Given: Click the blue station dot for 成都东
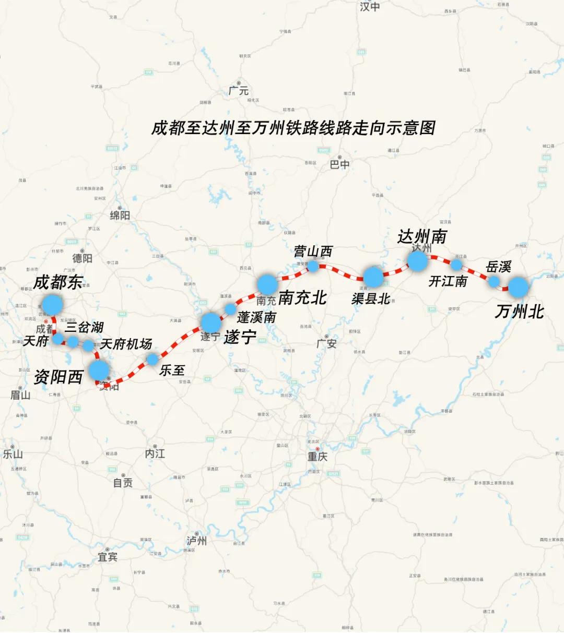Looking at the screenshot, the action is tap(52, 304).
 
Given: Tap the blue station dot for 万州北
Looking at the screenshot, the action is tap(519, 287).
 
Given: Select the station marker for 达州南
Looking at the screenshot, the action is tap(417, 260).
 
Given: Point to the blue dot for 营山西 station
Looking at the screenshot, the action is tap(313, 266).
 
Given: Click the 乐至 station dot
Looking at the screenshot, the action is tap(152, 359).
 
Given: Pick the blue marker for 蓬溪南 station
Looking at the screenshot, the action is tap(230, 309).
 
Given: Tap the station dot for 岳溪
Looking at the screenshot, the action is tap(494, 281).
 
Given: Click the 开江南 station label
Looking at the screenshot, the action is tap(448, 281).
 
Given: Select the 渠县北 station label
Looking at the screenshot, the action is tap(371, 298).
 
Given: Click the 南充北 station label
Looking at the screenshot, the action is tap(302, 298).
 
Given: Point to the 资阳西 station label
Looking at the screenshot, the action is tap(58, 377).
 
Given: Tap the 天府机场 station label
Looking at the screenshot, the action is tap(126, 344).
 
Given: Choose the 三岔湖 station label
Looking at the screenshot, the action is tap(84, 327).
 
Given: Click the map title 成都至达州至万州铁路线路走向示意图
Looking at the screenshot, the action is tap(293, 128).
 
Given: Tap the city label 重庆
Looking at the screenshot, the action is tap(317, 457).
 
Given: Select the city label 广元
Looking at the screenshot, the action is tap(239, 91).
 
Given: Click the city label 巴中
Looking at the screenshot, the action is tap(339, 164).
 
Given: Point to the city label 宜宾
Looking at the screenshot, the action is tap(108, 557).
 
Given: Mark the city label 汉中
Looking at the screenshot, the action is tap(370, 7).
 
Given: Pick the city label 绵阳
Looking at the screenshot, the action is tap(120, 215).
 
